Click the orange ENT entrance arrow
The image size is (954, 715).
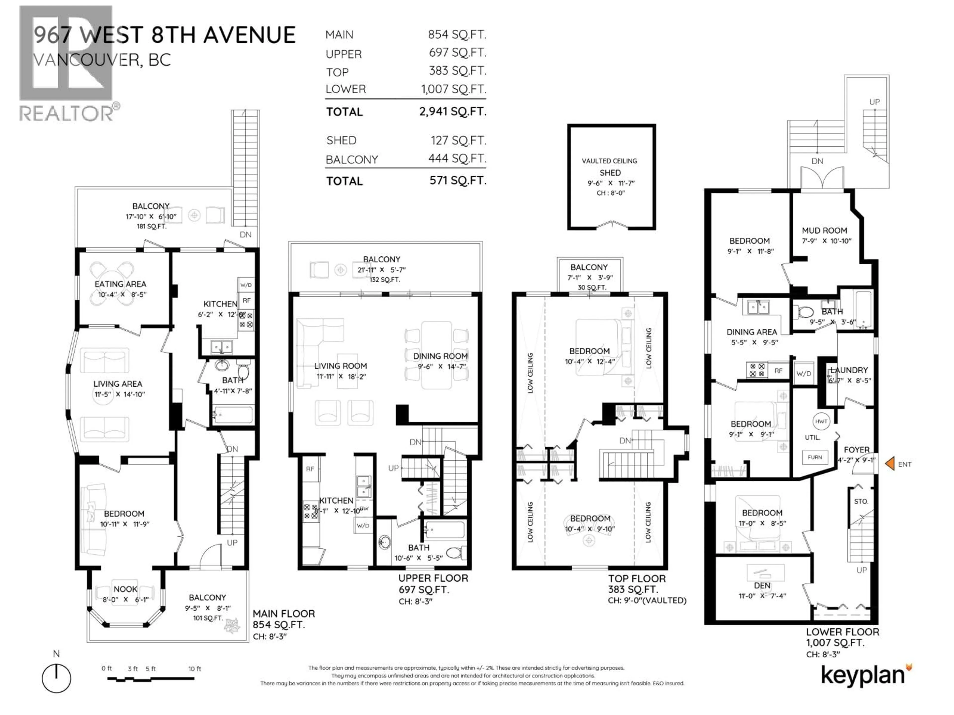[890, 464]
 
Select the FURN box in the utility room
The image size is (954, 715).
[815, 457]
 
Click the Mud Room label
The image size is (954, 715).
[824, 231]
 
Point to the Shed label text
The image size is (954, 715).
[610, 173]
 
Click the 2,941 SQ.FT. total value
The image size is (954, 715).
[452, 112]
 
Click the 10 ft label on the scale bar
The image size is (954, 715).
[195, 669]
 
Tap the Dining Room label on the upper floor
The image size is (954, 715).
[440, 356]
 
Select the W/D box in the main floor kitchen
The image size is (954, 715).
[246, 285]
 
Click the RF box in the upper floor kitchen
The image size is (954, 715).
[310, 469]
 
